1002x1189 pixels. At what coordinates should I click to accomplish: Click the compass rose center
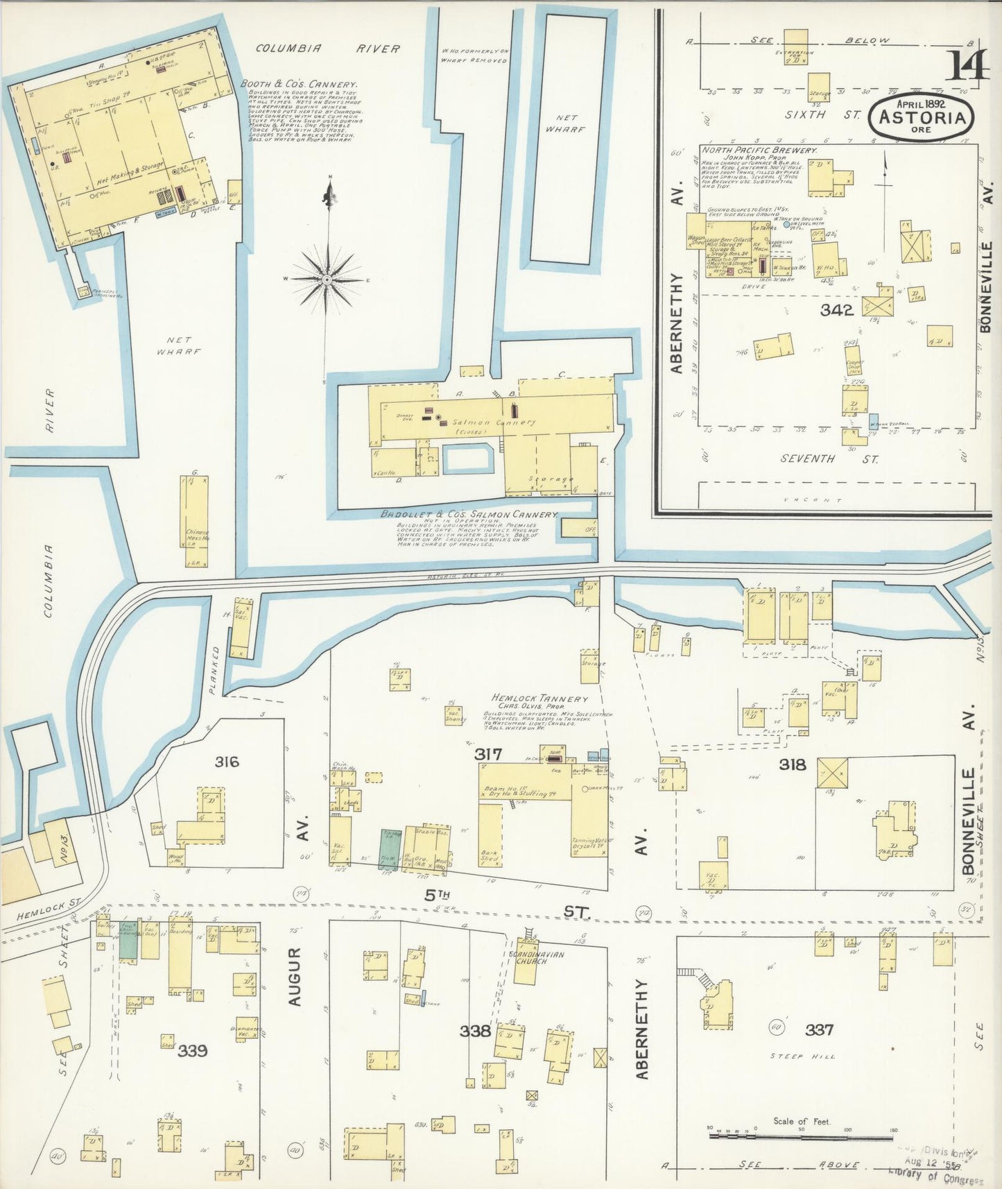[327, 280]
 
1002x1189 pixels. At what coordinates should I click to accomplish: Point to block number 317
[488, 753]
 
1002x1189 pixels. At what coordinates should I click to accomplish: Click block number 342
[836, 310]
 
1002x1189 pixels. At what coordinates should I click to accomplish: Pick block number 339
[192, 1050]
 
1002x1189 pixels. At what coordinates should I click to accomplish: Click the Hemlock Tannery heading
[539, 699]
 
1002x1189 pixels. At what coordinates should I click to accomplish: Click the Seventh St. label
[829, 459]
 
